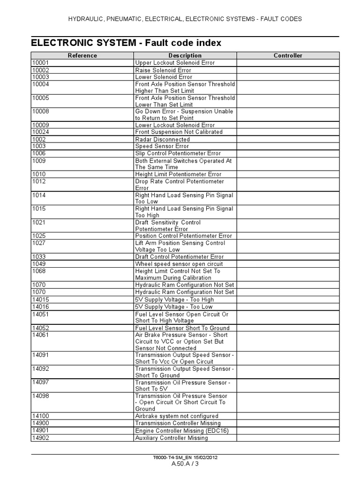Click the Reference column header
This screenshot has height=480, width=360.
click(x=82, y=55)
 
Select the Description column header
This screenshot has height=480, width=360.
click(x=185, y=55)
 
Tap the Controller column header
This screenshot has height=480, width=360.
click(x=288, y=55)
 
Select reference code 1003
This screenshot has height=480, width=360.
click(x=39, y=146)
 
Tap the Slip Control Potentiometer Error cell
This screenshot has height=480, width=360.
click(x=178, y=153)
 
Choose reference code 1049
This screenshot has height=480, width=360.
click(x=39, y=264)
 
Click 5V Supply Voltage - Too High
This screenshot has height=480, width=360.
click(x=174, y=300)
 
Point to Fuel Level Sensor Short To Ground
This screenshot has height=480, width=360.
click(x=182, y=328)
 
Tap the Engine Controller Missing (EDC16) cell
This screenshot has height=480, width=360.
click(x=181, y=430)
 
